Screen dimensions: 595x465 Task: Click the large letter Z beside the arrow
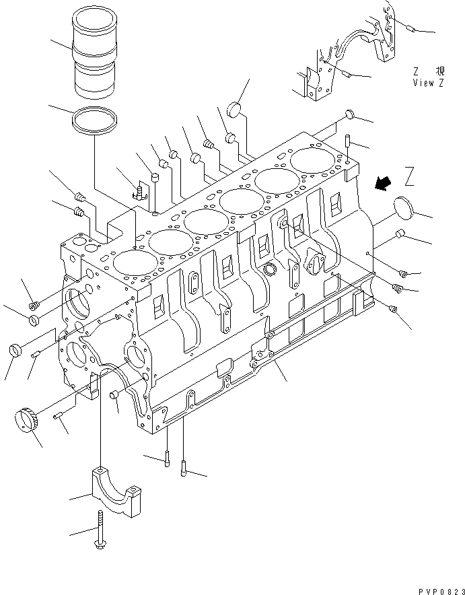(410, 176)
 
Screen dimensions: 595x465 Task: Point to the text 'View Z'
(429, 83)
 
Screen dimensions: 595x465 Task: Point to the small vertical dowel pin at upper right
(349, 142)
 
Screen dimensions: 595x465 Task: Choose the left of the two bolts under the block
(166, 460)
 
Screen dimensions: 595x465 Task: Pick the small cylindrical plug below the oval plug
(399, 235)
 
